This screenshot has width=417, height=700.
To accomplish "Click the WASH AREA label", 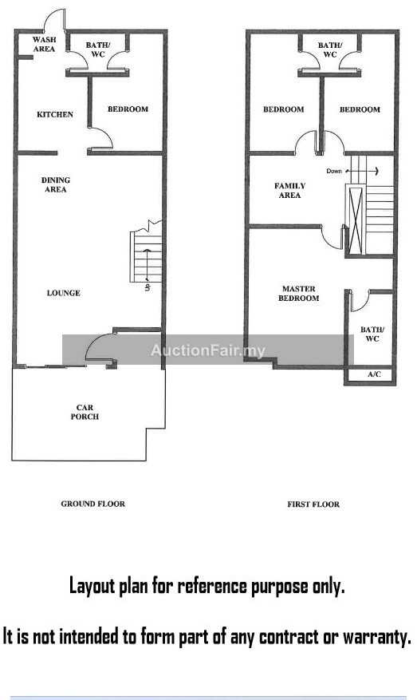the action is pos(44,44).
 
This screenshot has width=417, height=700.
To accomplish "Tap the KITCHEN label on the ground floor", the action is pos(55,115).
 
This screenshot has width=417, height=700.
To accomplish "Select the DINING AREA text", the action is pos(56,185).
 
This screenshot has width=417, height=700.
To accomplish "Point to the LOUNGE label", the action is pos(64,293).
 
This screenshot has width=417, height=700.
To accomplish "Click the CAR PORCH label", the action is pos(85,412).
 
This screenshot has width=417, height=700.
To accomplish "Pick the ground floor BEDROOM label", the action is pos(128,109).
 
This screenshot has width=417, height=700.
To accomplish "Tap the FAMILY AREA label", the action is pos(290,191).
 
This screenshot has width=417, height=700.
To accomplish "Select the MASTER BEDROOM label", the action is pos(299,294).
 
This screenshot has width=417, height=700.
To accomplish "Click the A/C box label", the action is pos(374,374).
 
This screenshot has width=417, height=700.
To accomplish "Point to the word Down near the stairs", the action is pos(334,171).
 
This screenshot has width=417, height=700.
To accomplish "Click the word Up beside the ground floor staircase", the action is pos(148,287).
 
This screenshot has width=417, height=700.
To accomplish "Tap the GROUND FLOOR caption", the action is pos(93,504).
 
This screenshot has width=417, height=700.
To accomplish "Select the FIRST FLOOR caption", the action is pos(313,504).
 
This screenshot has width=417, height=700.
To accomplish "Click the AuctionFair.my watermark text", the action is pos(208,350).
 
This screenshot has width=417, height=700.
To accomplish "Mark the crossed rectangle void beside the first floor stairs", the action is pos(356,221).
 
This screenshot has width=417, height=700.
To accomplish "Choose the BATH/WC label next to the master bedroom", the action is pos(372,334).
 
